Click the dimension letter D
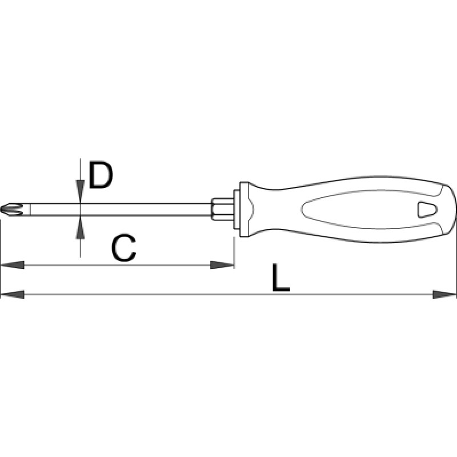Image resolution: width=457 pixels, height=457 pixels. click(101, 175)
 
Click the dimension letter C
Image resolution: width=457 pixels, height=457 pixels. click(123, 248)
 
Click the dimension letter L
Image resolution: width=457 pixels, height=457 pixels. click(280, 278)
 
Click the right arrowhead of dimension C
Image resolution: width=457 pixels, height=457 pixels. click(222, 265)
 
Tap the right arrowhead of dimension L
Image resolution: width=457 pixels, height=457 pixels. click(444, 294)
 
